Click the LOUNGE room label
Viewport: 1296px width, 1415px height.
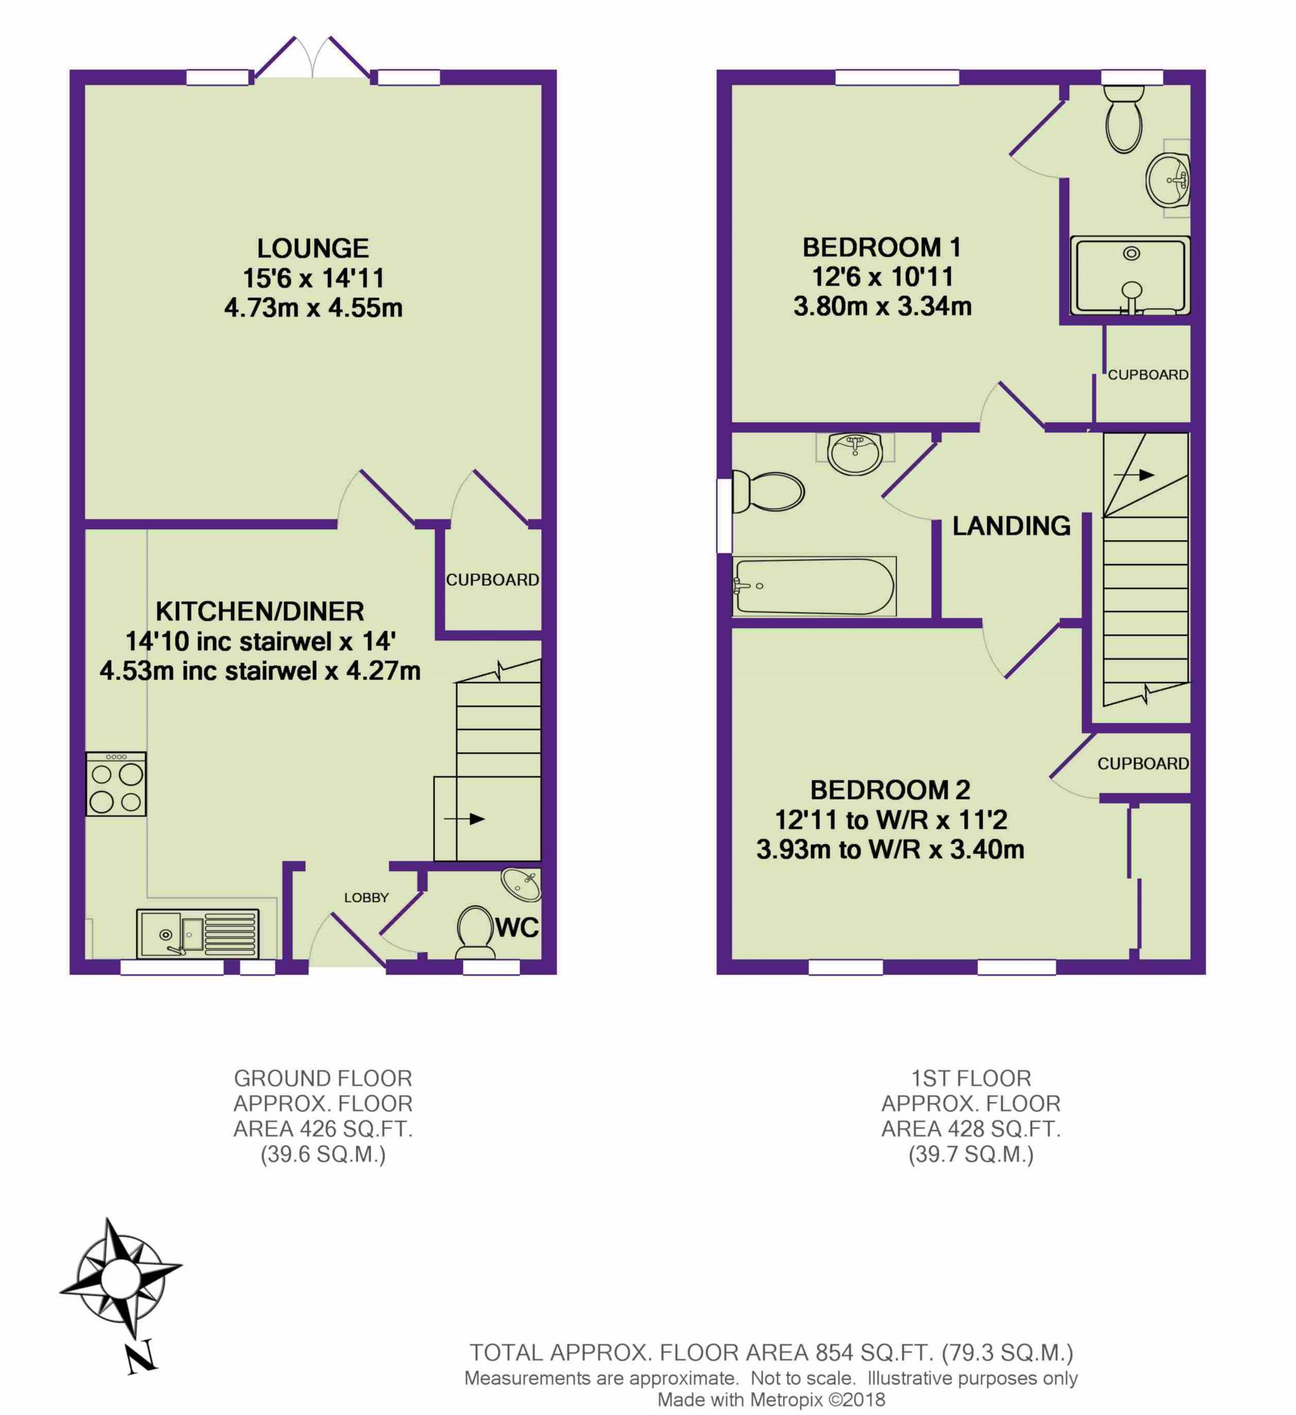coord(312,249)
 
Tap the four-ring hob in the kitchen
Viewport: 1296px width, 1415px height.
coord(116,784)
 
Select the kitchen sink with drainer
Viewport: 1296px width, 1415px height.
coord(197,933)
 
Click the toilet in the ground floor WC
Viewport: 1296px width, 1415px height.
coord(476,931)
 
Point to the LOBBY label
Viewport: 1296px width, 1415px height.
coord(366,898)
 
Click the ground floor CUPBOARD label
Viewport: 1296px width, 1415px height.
coord(492,580)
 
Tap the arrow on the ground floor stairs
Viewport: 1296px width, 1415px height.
coord(464,819)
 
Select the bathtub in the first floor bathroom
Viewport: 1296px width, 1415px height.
coord(814,587)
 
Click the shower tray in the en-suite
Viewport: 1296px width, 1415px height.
coord(1129,275)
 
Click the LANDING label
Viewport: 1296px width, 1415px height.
coord(1011,526)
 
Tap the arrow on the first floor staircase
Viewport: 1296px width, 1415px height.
coord(1133,475)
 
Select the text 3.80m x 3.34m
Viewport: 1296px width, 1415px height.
coord(883,307)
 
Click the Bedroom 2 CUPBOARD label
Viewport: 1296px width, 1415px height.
coord(1143,763)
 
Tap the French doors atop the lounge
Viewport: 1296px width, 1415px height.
coord(312,58)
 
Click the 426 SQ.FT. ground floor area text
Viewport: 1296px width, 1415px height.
coord(322,1129)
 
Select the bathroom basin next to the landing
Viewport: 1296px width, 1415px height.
coord(854,453)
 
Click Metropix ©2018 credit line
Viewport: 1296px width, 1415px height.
coord(771,1400)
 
